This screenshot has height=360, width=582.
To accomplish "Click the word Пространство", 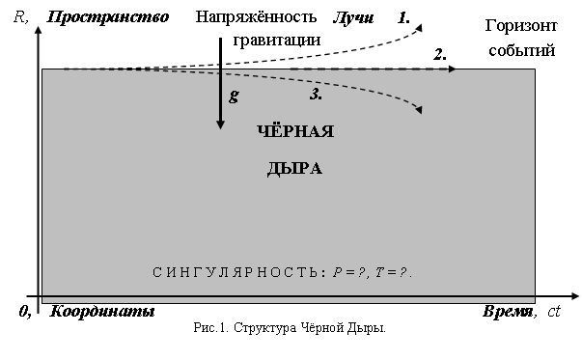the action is point(108,17).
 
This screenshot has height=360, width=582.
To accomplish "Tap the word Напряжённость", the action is point(256,17).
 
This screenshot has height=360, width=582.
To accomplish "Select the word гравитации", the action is point(277,41).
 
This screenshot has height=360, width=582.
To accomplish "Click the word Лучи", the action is point(353,17).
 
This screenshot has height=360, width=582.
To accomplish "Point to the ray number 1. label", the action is point(403,17).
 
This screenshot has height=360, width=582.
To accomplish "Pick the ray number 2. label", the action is point(440,55).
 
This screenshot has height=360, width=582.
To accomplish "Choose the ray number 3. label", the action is point(316,95).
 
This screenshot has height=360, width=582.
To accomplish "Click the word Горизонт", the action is point(521,26).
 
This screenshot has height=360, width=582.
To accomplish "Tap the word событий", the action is point(521,50).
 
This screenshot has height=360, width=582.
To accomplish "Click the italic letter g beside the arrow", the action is point(234,97).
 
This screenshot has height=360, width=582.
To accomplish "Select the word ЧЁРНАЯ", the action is point(295,131).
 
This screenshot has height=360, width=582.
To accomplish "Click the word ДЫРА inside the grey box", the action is point(294,169).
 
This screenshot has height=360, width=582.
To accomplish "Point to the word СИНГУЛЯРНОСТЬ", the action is point(236,272).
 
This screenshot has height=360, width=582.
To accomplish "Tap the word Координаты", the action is point(102,311).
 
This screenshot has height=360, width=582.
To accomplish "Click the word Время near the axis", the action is point(508,312).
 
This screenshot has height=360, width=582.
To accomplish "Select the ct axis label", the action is point(554,312).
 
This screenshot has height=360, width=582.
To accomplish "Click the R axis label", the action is point(19,17).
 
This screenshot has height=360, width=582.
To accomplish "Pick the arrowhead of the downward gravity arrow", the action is point(220,125).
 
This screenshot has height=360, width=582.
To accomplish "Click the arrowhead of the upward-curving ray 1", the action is point(419,27).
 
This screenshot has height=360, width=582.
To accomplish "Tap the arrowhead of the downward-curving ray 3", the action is point(419,109).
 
